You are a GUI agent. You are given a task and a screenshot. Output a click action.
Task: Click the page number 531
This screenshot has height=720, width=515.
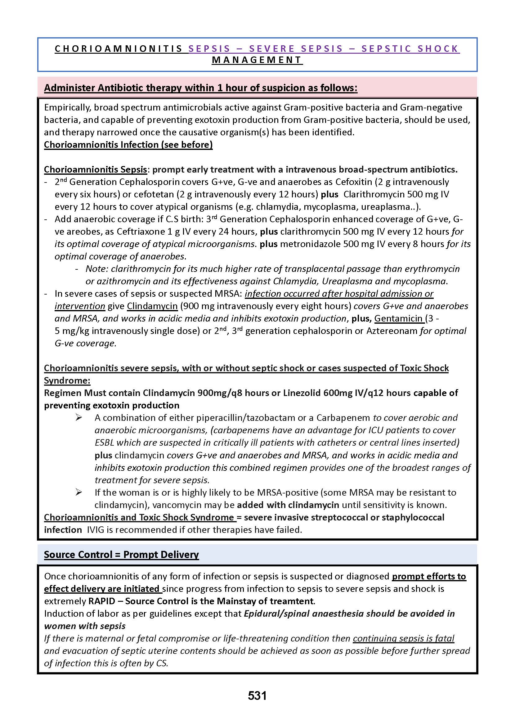coord(257,695)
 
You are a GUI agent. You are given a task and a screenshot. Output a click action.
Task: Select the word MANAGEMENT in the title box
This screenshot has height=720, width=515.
coord(257,60)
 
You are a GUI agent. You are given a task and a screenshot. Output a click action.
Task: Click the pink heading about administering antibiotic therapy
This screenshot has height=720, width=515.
coord(200,88)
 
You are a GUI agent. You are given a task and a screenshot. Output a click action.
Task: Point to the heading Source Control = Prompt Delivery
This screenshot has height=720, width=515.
coord(121,555)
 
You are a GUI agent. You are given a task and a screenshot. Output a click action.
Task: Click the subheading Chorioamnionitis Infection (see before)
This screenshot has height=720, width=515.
coord(128,145)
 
